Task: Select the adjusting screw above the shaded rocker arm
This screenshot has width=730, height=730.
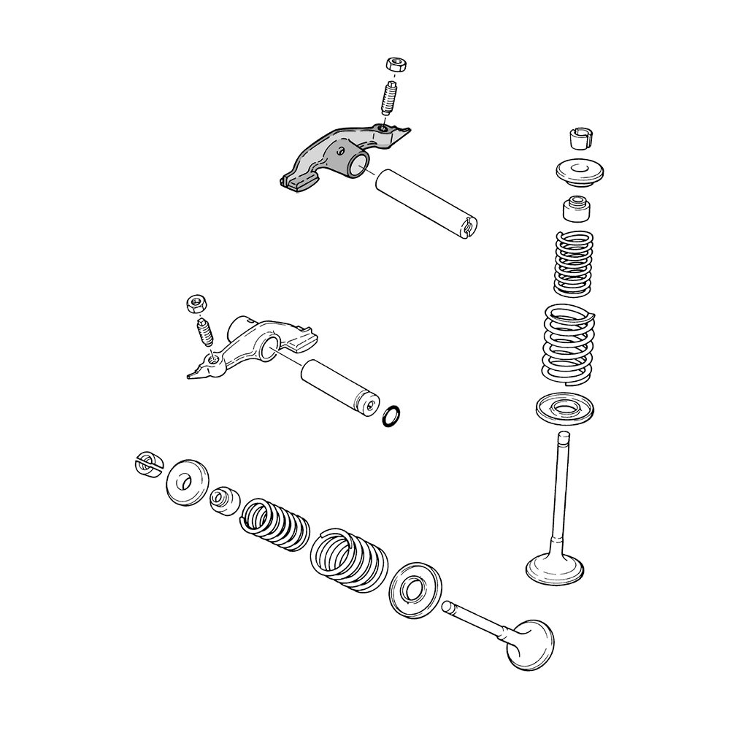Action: (390, 97)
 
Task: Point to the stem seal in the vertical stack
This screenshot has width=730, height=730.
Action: (576, 210)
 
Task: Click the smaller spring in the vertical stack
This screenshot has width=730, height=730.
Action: (575, 263)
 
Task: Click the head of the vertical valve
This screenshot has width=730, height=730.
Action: (554, 568)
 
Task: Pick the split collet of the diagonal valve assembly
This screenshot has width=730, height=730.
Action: (147, 464)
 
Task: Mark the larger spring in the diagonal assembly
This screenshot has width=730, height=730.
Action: (350, 559)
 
